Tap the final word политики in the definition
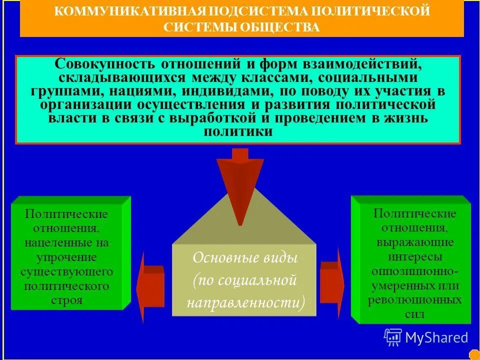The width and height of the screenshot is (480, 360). point(238,132)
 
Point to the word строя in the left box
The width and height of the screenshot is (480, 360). point(66,301)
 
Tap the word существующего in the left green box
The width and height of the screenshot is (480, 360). point(66,272)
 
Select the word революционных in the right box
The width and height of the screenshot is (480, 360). point(414,300)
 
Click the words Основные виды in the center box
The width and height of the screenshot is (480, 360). point(245,258)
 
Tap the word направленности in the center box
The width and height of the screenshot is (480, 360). point(245,303)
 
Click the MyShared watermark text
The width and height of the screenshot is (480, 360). point(436,338)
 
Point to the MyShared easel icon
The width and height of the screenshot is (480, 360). point(393,338)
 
